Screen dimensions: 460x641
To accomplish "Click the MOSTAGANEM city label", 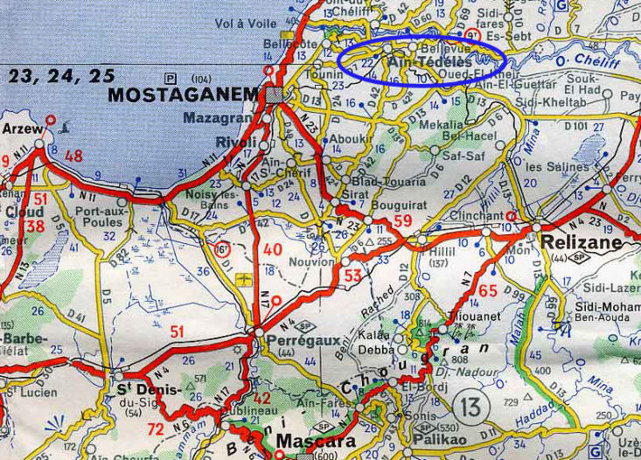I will pyautogui.click(x=183, y=94).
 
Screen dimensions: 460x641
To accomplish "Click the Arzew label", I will pyautogui.click(x=22, y=129).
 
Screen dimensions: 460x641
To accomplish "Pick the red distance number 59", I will pyautogui.click(x=401, y=220).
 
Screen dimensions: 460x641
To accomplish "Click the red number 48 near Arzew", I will pyautogui.click(x=73, y=156).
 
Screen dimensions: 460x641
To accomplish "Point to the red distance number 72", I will pyautogui.click(x=156, y=429).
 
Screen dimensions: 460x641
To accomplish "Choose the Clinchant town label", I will pyautogui.click(x=476, y=215).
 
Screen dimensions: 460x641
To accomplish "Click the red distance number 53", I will pyautogui.click(x=353, y=277).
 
